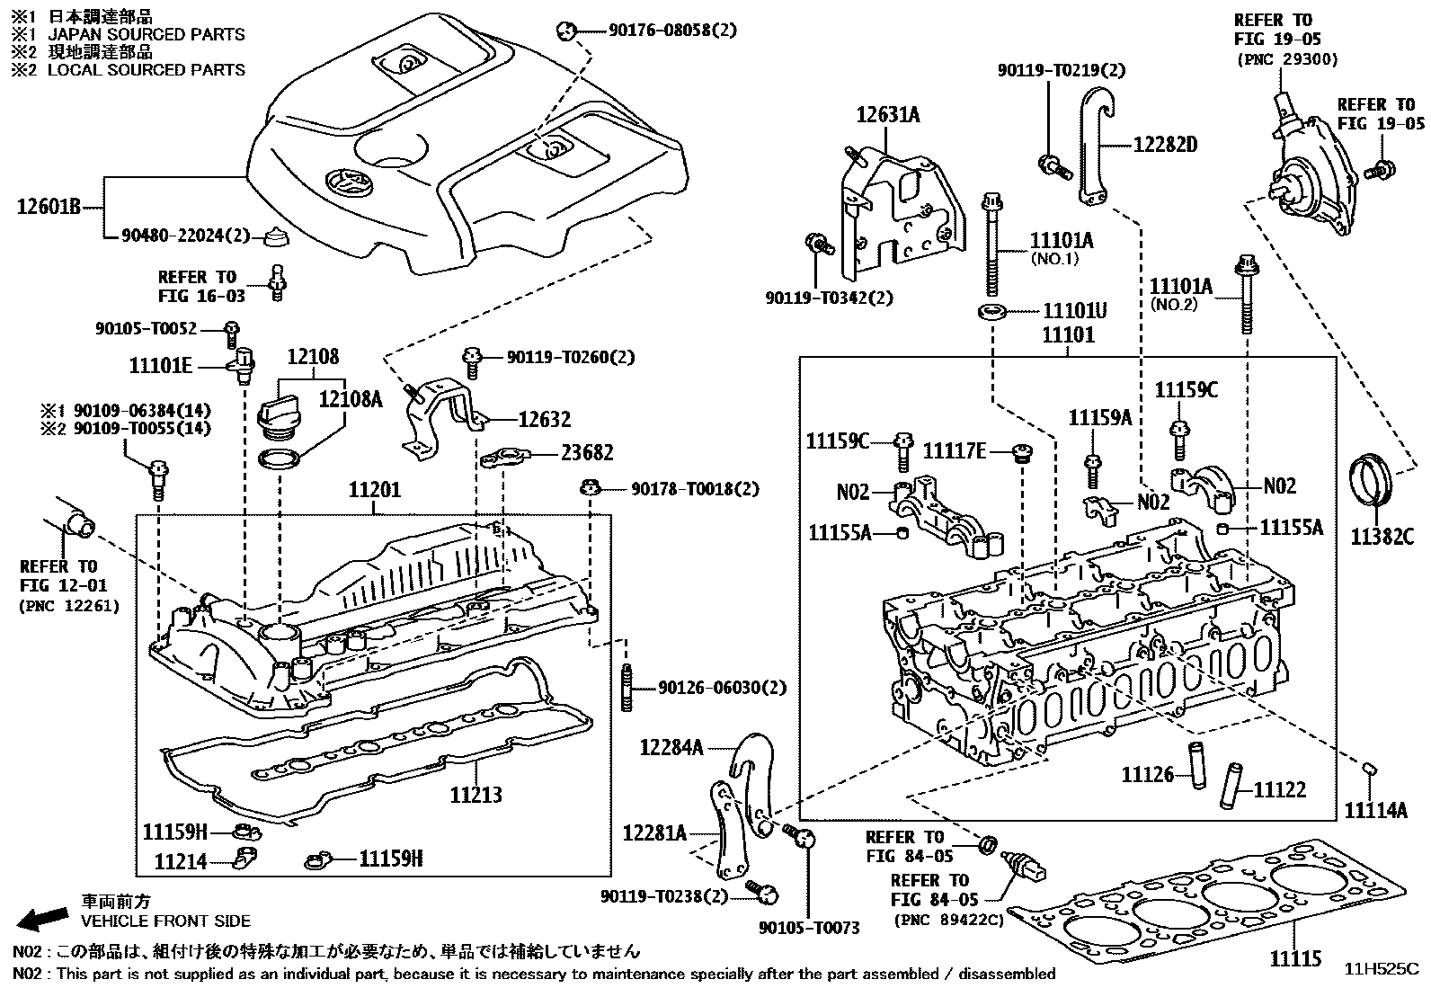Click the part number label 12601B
49,209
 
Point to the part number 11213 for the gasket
476,795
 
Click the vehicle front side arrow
43,918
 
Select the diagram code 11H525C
1381,969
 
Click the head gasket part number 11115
1295,959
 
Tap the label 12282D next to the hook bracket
1164,144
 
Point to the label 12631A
887,114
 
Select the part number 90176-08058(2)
659,31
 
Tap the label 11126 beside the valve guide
1147,774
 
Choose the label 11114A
1375,810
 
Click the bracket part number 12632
544,419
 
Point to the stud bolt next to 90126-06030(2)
625,690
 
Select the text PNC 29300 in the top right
1287,59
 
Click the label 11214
180,862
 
